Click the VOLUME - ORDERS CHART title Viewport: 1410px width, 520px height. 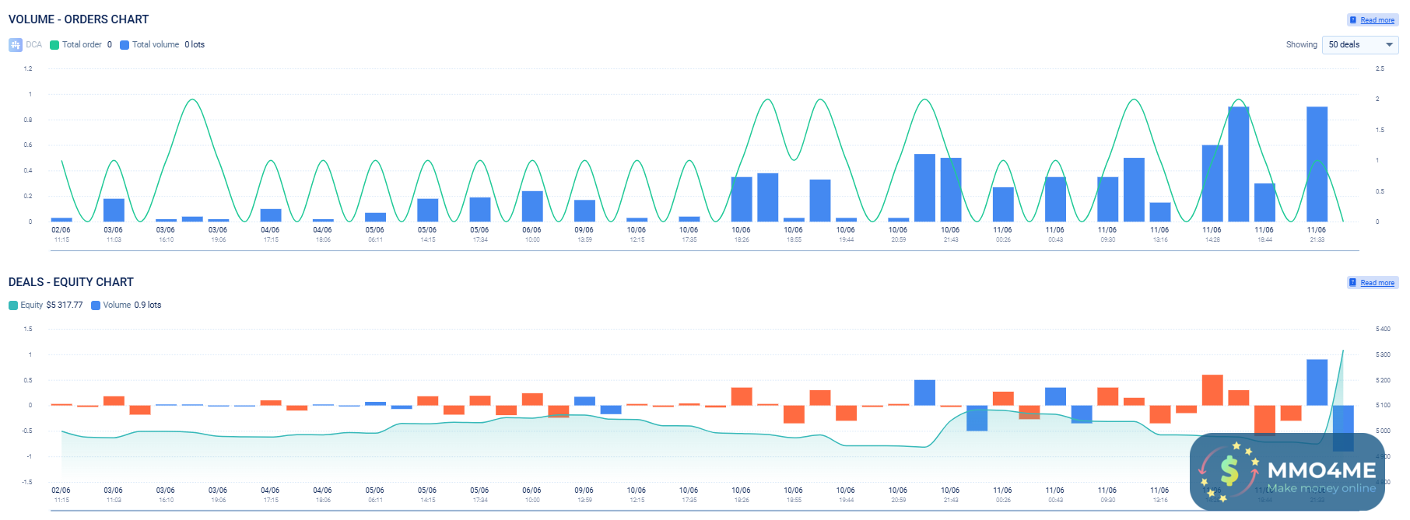click(79, 19)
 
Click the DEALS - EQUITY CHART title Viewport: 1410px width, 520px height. click(71, 282)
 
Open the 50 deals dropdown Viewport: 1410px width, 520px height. click(1359, 45)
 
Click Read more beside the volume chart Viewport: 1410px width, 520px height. click(1377, 20)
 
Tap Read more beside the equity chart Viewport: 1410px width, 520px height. click(1377, 283)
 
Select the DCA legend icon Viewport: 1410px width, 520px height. click(16, 45)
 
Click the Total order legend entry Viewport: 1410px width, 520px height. click(81, 45)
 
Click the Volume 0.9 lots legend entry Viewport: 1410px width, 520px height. click(126, 305)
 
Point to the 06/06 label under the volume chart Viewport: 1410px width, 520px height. click(531, 230)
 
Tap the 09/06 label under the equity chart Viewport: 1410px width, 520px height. click(584, 490)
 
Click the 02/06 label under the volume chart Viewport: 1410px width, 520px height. click(61, 230)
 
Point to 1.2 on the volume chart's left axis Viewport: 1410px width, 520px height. click(28, 69)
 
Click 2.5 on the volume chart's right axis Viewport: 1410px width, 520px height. click(1380, 69)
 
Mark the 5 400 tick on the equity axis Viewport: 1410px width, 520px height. click(1383, 330)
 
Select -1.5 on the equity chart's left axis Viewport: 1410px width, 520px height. click(27, 483)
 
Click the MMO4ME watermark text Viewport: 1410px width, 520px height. click(1321, 470)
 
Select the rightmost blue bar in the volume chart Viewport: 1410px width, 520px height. click(1317, 164)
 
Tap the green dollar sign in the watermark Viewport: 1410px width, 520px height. click(1229, 471)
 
